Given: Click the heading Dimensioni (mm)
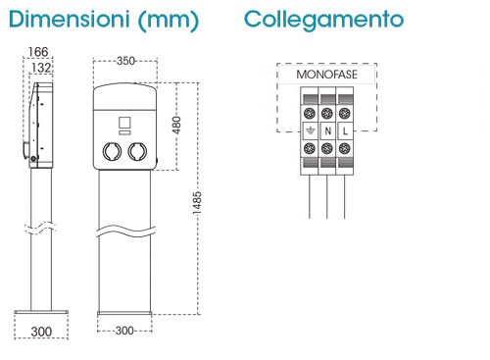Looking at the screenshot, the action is click(104, 21).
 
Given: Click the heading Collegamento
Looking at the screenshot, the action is click(323, 21).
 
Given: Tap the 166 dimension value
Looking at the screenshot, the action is click(38, 52).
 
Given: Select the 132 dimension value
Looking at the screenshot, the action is click(41, 68).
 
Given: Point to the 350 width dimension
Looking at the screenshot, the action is click(125, 61).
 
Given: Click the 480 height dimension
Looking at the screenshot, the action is click(176, 125).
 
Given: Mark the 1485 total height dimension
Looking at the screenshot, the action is click(197, 203).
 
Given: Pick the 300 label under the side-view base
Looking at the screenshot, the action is click(41, 332).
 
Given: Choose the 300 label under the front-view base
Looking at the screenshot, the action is click(124, 331).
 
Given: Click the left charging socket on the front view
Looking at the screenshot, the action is click(112, 151).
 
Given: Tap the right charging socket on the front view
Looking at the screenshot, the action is click(137, 151).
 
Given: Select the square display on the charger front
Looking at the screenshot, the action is click(124, 123).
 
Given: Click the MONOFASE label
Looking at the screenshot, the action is click(326, 75).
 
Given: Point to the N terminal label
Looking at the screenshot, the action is click(327, 131).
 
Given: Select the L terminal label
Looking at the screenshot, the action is click(345, 131).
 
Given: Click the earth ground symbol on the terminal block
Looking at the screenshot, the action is click(310, 131).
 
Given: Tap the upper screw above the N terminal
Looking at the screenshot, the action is click(327, 114).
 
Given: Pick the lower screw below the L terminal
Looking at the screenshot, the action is click(345, 148).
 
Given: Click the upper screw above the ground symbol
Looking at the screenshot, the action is click(310, 114).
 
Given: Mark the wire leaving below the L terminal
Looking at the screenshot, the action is click(345, 196).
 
